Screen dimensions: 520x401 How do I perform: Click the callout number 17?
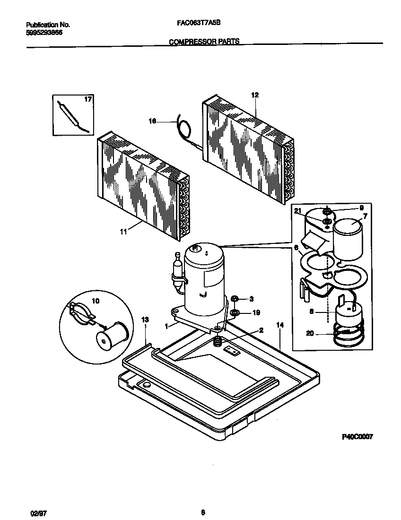[x=87, y=100]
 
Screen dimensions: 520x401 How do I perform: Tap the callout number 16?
[x=153, y=121]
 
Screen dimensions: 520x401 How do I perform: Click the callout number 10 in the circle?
[x=95, y=301]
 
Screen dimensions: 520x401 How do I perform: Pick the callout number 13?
[x=145, y=320]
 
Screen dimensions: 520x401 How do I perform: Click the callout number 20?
[x=310, y=333]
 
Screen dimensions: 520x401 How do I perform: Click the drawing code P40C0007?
[x=357, y=437]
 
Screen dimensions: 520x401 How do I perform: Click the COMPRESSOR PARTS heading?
[x=204, y=42]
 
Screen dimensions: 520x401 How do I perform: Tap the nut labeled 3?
[x=236, y=299]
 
